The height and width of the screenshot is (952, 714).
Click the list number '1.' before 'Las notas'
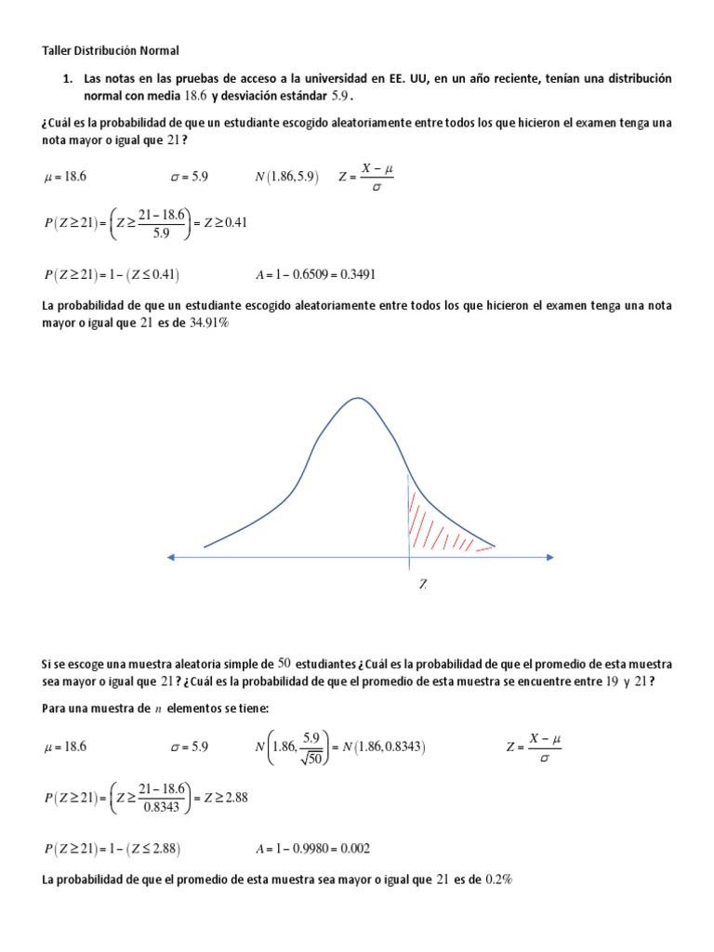tap(69, 79)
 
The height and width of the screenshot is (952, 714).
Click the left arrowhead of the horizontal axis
tap(171, 557)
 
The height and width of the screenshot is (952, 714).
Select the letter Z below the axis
tap(422, 585)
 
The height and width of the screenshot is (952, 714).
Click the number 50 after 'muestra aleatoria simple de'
tap(285, 663)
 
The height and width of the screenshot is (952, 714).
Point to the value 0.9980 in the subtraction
tap(303, 847)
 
